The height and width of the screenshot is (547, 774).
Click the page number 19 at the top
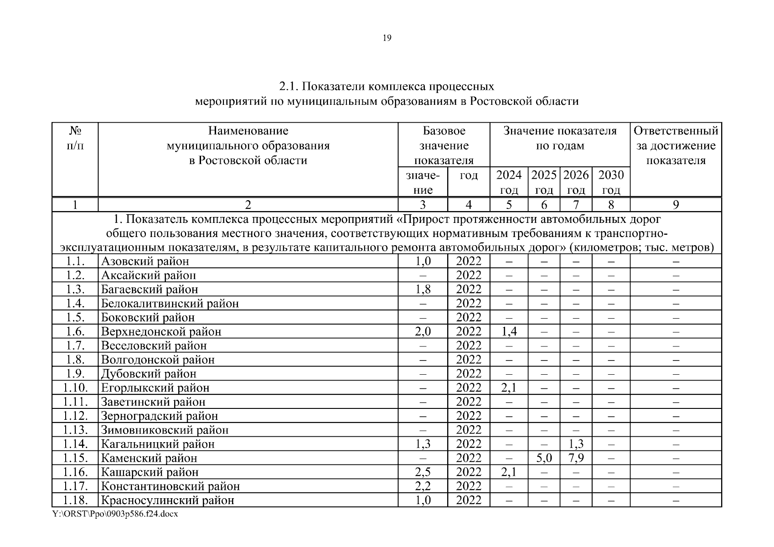point(387,38)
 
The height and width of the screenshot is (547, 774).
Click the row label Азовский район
point(145,261)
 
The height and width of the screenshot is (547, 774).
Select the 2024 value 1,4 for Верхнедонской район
point(509,331)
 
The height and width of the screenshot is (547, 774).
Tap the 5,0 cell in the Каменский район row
point(544,458)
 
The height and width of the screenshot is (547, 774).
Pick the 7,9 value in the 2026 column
point(576,458)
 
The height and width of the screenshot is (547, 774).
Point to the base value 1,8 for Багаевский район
point(423,289)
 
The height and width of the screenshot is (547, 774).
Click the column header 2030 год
point(611,182)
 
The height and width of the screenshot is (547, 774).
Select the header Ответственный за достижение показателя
point(676,145)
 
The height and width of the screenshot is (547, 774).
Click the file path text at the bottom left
point(115,514)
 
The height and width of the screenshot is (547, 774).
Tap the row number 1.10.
point(75,388)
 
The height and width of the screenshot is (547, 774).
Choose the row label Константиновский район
point(170,486)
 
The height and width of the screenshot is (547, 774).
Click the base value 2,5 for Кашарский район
point(423,472)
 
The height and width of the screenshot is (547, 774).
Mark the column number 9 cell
point(676,205)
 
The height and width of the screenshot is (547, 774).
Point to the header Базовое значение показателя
point(444,145)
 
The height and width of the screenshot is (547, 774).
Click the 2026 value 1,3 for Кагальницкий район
point(576,444)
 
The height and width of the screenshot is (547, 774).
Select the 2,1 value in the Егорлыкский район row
point(509,388)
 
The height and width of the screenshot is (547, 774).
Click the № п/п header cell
point(75,138)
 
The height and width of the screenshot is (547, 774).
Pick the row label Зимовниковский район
point(165,430)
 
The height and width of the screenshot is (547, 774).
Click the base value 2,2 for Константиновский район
point(423,486)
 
